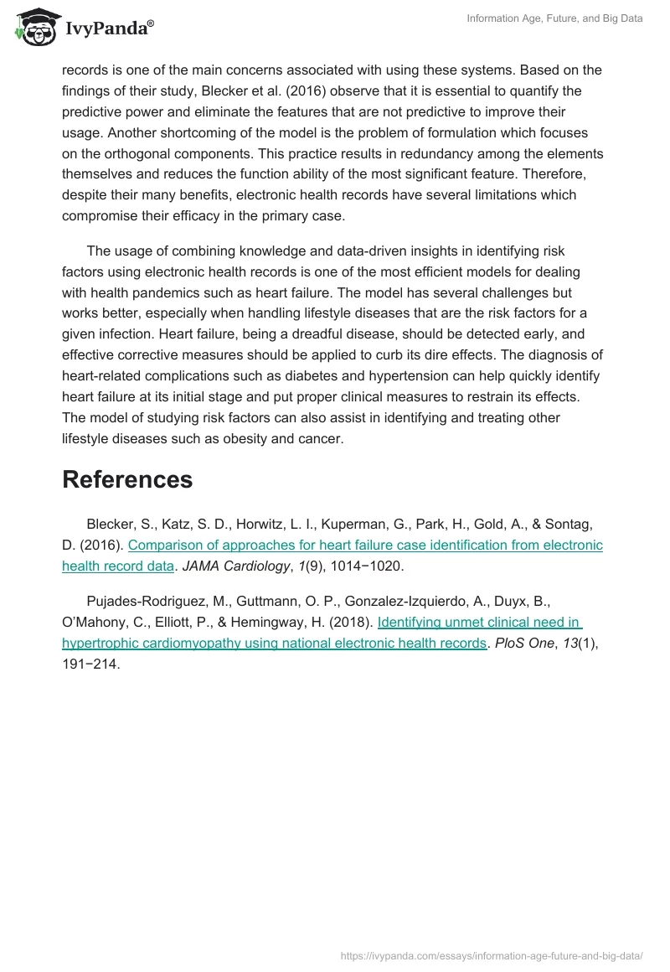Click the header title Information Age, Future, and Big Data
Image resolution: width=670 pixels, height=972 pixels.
tap(554, 18)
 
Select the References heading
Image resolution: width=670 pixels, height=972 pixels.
tap(127, 479)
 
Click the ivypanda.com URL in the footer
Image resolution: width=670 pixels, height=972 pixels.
tap(492, 954)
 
